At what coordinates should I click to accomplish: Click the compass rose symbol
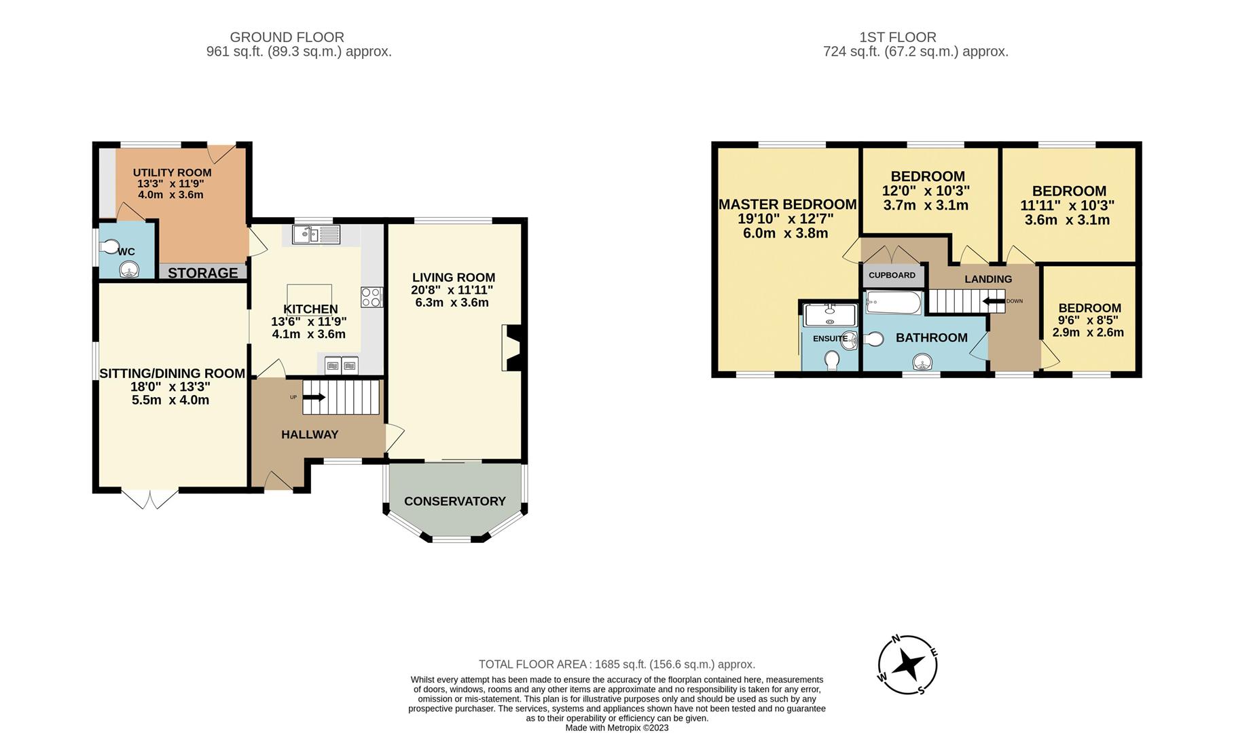click(x=908, y=665)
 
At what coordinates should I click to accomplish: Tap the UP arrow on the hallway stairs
click(x=313, y=397)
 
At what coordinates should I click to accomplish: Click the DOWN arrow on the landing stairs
click(x=994, y=301)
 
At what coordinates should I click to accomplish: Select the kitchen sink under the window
click(x=316, y=235)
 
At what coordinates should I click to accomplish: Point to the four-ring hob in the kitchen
click(x=371, y=297)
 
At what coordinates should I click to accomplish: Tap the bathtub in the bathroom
click(x=893, y=303)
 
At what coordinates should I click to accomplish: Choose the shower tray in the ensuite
click(x=829, y=315)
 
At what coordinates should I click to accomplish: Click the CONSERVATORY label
click(x=455, y=501)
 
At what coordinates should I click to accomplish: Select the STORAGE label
click(x=203, y=273)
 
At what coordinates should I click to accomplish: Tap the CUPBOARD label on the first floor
click(x=892, y=275)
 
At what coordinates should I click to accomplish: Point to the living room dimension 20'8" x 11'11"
click(x=452, y=290)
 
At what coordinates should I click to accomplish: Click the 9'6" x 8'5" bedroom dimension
click(x=1088, y=320)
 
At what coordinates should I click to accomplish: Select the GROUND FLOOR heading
click(x=287, y=37)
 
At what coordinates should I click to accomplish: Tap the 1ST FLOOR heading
click(x=898, y=37)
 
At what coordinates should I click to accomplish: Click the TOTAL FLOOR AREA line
click(x=617, y=664)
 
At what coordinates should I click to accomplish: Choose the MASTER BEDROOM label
click(x=788, y=204)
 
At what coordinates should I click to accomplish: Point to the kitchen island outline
click(x=309, y=295)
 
